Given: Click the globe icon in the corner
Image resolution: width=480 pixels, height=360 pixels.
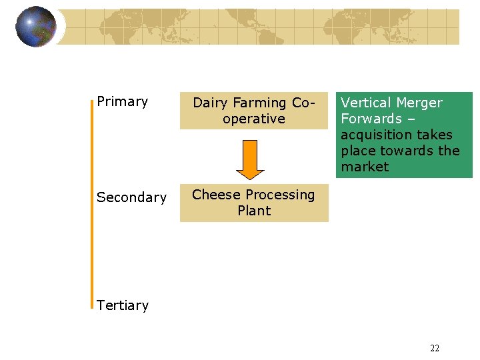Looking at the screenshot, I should point(35,27).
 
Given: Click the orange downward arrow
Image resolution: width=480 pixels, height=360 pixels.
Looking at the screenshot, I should point(251,160).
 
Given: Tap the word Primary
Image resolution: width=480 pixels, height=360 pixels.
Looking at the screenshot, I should point(122,101).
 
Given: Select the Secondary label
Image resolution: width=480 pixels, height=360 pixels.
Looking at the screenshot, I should point(131,197).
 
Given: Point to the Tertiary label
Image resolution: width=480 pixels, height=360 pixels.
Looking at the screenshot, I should point(122,305).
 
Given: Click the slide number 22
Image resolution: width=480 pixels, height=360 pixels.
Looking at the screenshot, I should point(435,348).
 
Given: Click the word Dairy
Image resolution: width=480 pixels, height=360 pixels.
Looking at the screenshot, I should point(211,103).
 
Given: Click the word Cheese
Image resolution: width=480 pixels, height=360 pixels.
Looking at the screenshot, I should point(212,195).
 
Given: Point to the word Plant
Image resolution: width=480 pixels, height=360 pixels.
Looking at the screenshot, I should point(254,211).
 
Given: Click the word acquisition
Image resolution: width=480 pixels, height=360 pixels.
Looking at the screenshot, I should point(373,135).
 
